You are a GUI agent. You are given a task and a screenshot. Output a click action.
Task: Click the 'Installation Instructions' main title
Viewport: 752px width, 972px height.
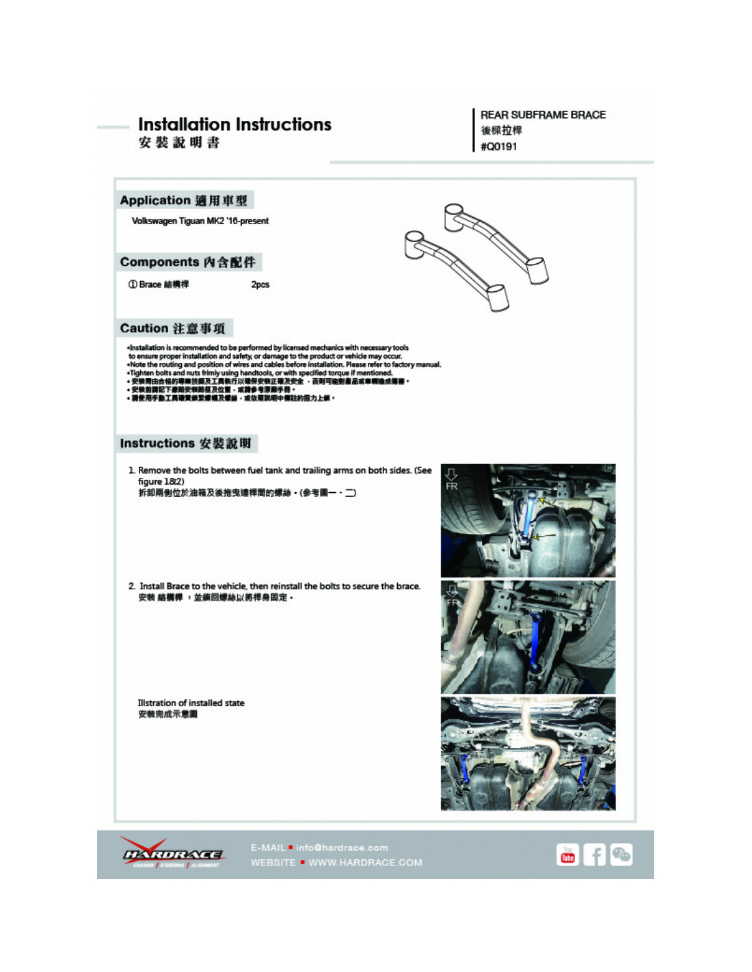click(x=234, y=124)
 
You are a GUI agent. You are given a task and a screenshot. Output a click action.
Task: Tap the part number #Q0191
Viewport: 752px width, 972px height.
click(x=499, y=147)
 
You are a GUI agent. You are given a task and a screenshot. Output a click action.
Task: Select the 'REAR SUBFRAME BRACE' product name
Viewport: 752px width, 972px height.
click(x=543, y=115)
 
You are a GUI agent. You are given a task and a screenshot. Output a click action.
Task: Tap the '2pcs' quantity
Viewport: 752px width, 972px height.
click(x=260, y=284)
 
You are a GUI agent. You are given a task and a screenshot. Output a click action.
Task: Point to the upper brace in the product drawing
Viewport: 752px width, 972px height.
click(x=496, y=242)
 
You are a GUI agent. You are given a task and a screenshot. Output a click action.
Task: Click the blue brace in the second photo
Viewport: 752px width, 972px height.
click(x=535, y=643)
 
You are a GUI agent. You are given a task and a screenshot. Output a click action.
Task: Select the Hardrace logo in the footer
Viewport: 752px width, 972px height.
click(x=172, y=853)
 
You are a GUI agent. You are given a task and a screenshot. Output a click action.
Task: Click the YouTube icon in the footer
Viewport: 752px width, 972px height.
click(x=567, y=855)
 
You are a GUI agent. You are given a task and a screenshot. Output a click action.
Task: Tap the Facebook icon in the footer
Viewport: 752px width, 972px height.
click(x=594, y=855)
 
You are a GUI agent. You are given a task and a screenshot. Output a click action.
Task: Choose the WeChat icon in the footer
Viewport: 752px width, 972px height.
click(x=621, y=855)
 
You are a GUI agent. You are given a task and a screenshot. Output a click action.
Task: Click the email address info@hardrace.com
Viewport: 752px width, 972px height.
click(x=342, y=848)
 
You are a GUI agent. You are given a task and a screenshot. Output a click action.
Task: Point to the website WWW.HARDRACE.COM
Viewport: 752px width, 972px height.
click(x=365, y=863)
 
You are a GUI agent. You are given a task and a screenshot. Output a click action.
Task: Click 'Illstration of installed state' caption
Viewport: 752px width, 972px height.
click(x=191, y=703)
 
